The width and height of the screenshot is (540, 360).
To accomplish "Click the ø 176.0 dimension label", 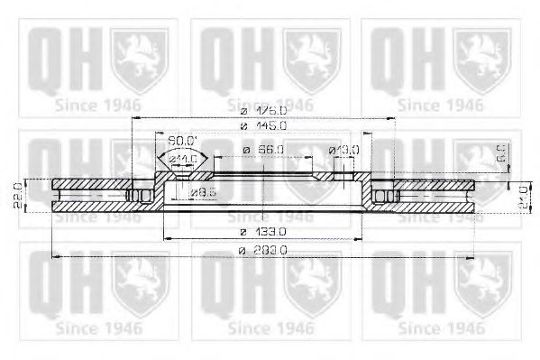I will [x=263, y=109].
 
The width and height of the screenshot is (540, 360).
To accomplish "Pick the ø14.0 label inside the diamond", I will [x=184, y=160].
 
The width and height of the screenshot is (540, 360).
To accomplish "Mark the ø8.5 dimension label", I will [x=202, y=191].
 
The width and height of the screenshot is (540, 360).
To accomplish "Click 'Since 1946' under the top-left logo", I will [x=98, y=105].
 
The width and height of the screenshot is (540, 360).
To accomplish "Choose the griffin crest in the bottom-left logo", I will [x=138, y=282].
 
